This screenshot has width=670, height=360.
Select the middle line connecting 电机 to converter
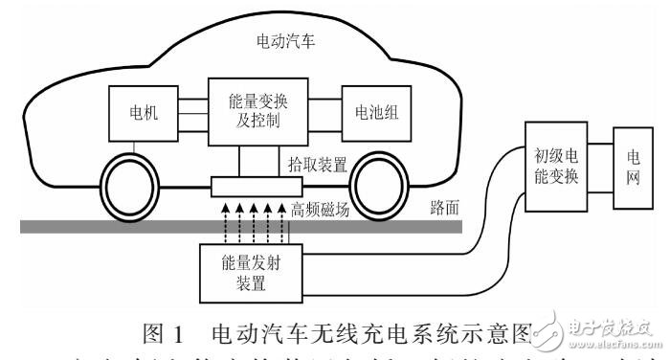click(188, 111)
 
